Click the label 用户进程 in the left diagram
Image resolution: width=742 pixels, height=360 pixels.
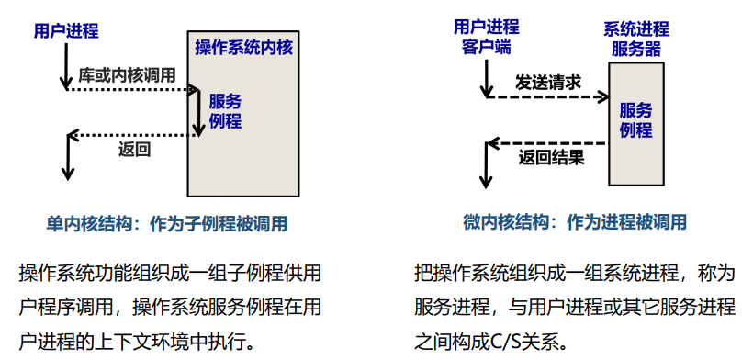pyautogui.click(x=65, y=31)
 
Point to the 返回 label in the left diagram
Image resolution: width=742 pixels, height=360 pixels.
pyautogui.click(x=134, y=150)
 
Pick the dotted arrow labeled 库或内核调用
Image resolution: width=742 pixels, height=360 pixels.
pyautogui.click(x=133, y=90)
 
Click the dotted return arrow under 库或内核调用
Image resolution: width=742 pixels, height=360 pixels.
pyautogui.click(x=133, y=135)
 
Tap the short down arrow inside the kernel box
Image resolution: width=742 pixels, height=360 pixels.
pyautogui.click(x=200, y=113)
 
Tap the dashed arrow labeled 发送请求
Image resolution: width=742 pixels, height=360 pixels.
pyautogui.click(x=547, y=96)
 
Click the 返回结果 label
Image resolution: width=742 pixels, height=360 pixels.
pyautogui.click(x=551, y=156)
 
